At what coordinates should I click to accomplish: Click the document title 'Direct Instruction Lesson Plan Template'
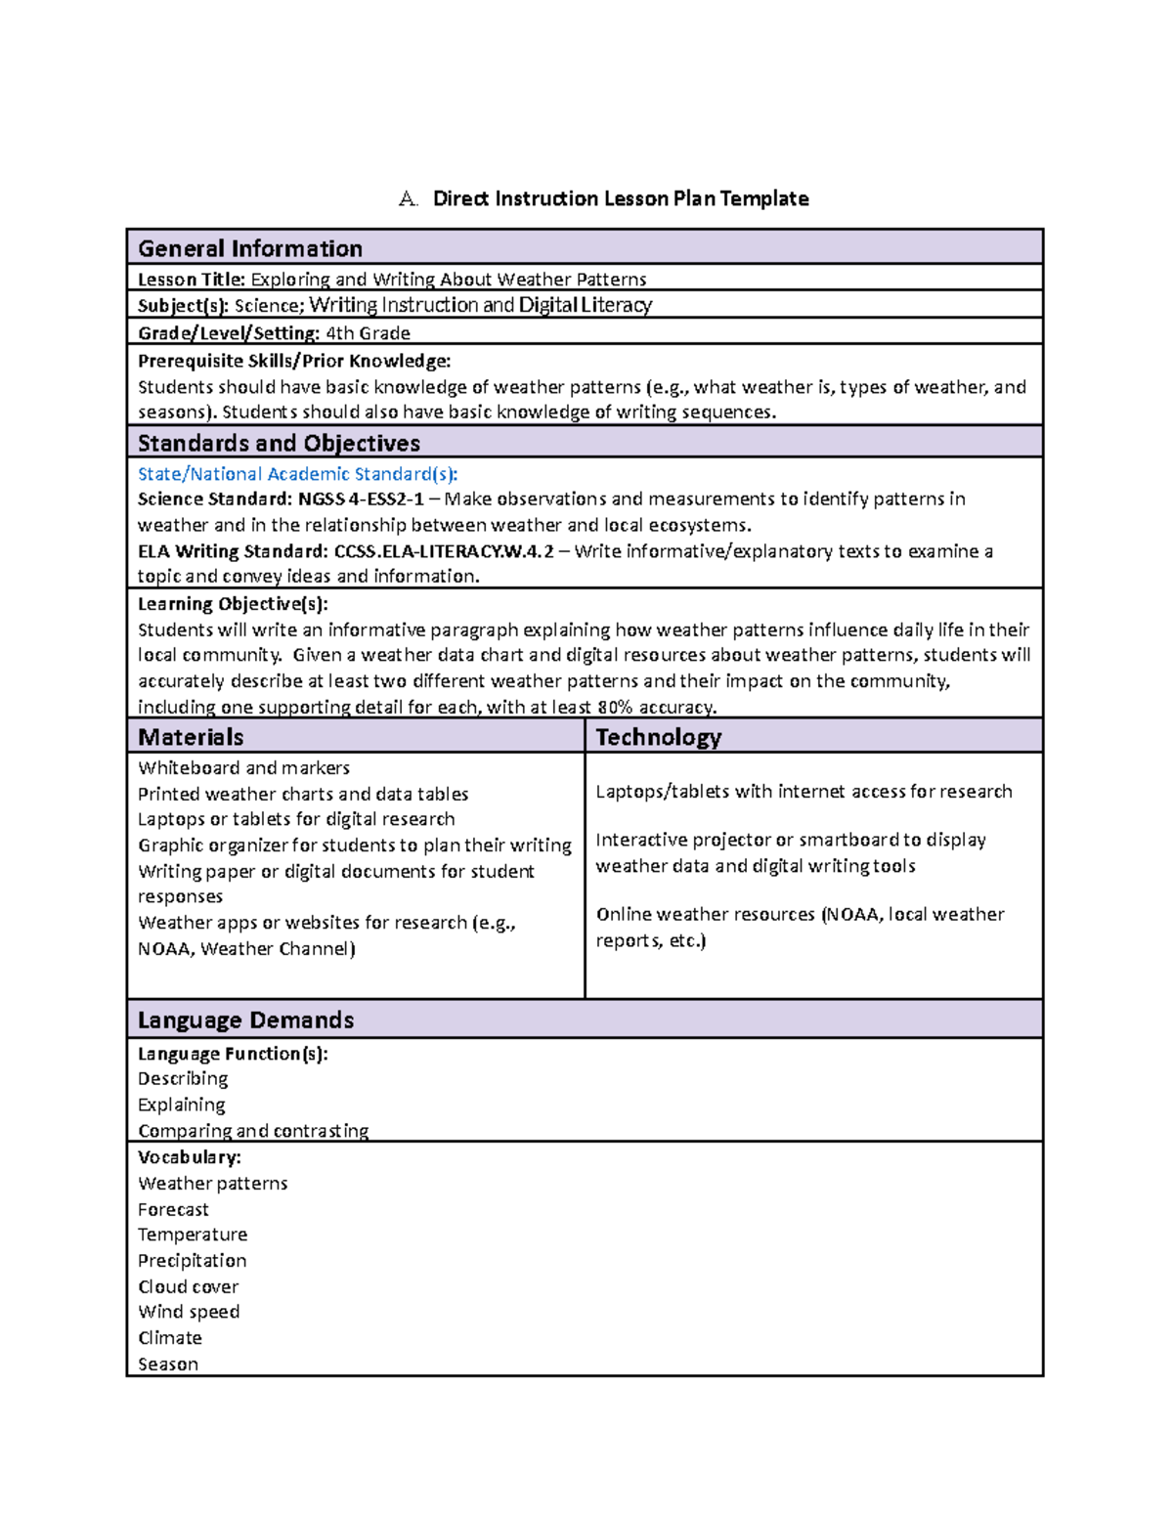pos(620,198)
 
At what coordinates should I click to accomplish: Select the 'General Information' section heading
pos(249,248)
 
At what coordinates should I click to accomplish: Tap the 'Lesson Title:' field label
pos(191,280)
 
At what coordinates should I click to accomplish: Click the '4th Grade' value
pos(368,333)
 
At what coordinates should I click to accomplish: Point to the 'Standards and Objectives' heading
pos(279,443)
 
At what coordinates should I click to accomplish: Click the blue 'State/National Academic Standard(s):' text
pos(297,474)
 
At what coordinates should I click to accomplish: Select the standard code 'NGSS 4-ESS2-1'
pos(361,499)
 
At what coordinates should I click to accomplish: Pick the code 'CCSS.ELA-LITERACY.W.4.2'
pos(444,551)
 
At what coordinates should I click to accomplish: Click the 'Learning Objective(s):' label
pos(233,604)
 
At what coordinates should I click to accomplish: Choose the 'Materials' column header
pos(191,737)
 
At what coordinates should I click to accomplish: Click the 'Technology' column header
pos(658,737)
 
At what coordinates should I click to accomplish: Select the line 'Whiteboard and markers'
pos(243,768)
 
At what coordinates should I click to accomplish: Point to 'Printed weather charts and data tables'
pos(303,794)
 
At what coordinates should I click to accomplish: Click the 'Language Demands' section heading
pos(245,1019)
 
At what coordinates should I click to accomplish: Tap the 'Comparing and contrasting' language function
pos(253,1131)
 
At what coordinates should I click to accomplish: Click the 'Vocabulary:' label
pos(189,1157)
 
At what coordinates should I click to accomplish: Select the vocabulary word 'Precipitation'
pos(192,1261)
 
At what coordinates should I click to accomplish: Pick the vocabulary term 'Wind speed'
pos(189,1312)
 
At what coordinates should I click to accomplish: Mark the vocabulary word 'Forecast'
pos(173,1209)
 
